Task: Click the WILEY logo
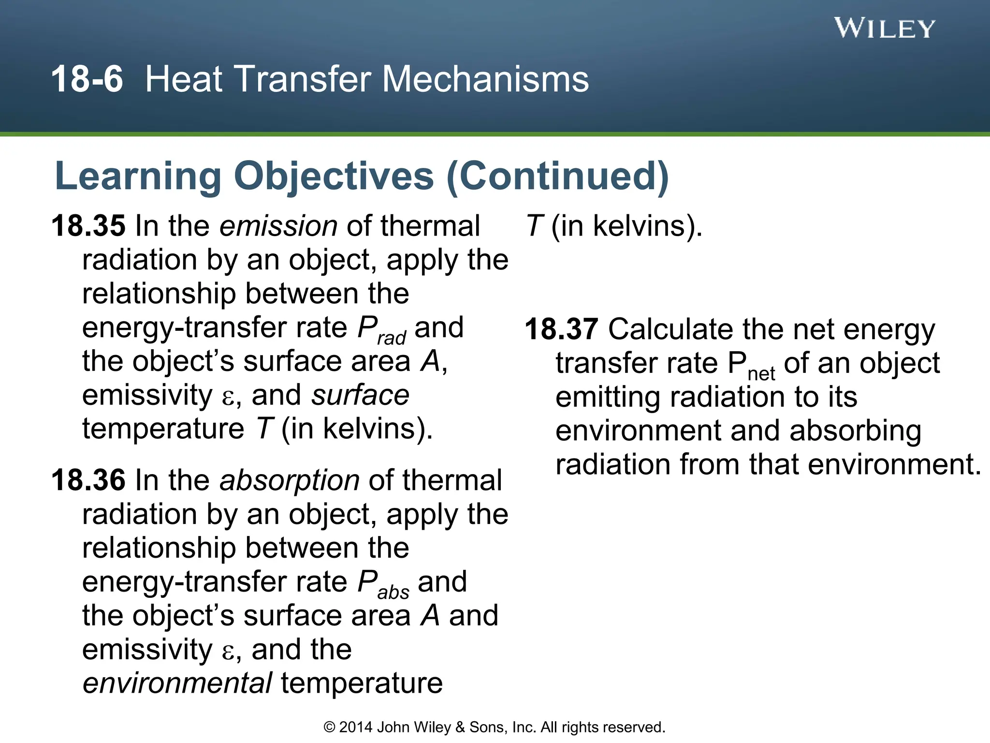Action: pyautogui.click(x=884, y=28)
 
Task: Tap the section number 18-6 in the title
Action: pyautogui.click(x=87, y=79)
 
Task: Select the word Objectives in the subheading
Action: pyautogui.click(x=334, y=176)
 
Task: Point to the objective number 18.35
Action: pyautogui.click(x=88, y=226)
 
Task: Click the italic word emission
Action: pyautogui.click(x=278, y=226)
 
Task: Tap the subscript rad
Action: pyautogui.click(x=392, y=338)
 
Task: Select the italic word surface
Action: pyautogui.click(x=361, y=395)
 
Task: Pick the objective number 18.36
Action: pyautogui.click(x=88, y=480)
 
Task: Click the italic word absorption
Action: pyautogui.click(x=290, y=480)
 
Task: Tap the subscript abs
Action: pyautogui.click(x=393, y=592)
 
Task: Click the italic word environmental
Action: pyautogui.click(x=177, y=683)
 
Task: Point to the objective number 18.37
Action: pyautogui.click(x=562, y=329)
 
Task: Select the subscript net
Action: pyautogui.click(x=761, y=373)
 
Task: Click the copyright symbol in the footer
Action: pyautogui.click(x=329, y=727)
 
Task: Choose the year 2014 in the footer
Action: pyautogui.click(x=356, y=727)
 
